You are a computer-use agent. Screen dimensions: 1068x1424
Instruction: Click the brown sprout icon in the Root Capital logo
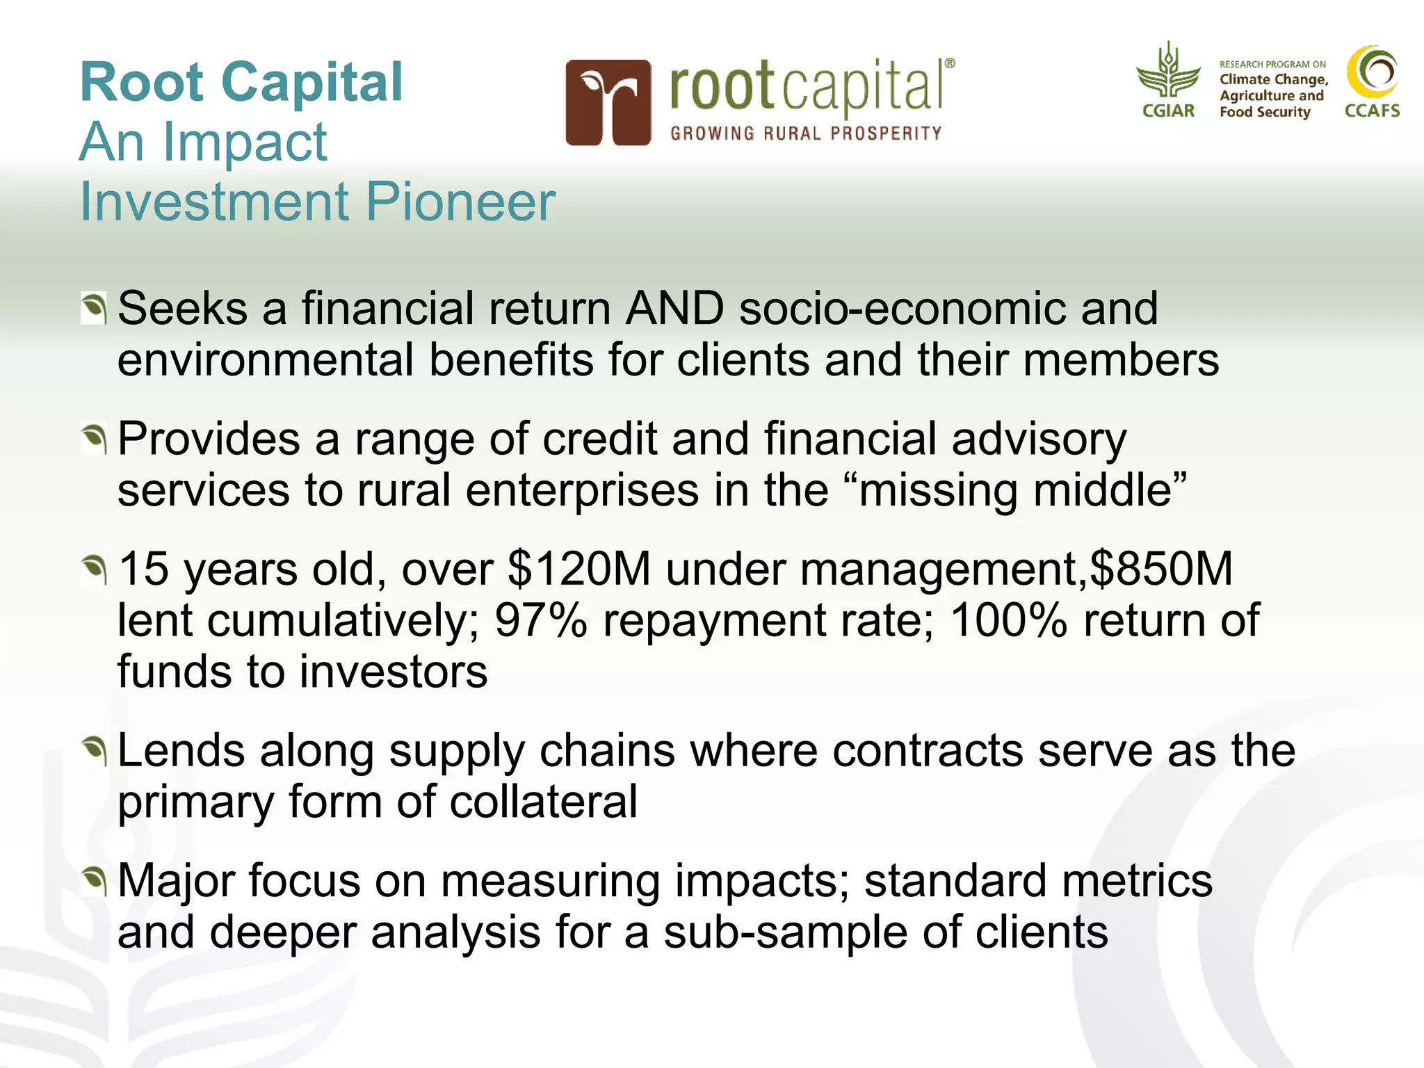pos(608,103)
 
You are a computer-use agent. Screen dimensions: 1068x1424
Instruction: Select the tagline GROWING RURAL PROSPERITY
pos(806,133)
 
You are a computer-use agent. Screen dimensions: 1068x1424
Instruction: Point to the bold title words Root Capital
pos(241,82)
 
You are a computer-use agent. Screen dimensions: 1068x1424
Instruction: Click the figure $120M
pos(579,569)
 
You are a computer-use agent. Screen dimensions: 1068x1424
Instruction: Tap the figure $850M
pos(1160,569)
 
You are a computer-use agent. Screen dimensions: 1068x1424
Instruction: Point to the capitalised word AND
pos(674,308)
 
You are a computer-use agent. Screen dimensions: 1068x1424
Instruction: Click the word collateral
pos(543,802)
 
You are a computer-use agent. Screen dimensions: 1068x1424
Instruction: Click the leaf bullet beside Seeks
pos(93,308)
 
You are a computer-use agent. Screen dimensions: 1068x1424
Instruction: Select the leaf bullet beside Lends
pos(93,751)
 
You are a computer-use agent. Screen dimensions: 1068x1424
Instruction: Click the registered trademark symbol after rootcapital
pos(950,63)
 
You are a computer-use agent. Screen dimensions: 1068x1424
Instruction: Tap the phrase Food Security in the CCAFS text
pos(1264,112)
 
